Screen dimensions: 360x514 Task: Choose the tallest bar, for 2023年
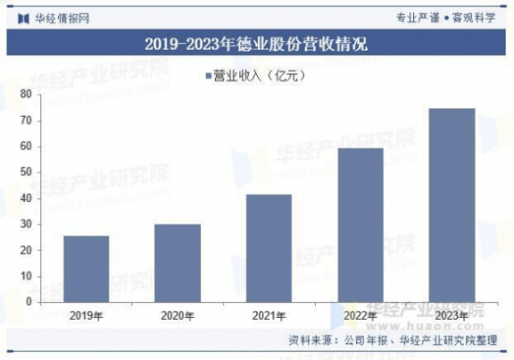click(x=452, y=205)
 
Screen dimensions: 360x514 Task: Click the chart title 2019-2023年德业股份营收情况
click(x=257, y=44)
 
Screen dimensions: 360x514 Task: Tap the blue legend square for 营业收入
click(x=207, y=74)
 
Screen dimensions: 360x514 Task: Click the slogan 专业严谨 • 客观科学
click(x=449, y=16)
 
